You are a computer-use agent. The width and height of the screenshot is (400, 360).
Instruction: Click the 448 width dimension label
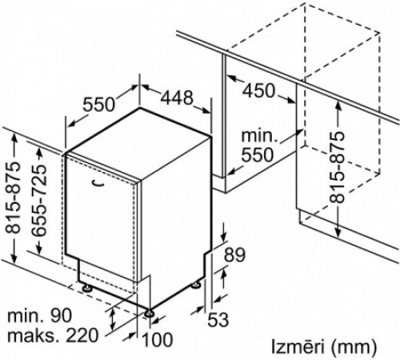tap(177, 98)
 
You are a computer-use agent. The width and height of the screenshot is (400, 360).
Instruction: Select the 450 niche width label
tap(258, 90)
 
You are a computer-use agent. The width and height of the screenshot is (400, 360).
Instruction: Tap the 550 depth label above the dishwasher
tap(98, 104)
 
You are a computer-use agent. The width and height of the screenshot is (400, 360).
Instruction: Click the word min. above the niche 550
tap(258, 136)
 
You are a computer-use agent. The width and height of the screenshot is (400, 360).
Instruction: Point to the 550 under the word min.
tap(258, 154)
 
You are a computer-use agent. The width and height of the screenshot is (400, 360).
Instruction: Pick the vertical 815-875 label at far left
tap(13, 198)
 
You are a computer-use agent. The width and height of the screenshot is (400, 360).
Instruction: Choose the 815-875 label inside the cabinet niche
tap(337, 167)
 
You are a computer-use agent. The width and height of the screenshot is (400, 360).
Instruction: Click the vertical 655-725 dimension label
tap(38, 201)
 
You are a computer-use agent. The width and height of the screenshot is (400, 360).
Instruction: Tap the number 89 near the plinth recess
tap(234, 254)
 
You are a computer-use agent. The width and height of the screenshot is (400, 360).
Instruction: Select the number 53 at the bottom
tap(218, 319)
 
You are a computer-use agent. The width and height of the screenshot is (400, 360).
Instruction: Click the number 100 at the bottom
tap(157, 339)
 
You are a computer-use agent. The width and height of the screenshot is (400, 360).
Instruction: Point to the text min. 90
tap(40, 315)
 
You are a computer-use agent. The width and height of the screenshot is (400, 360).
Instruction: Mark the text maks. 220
tap(53, 335)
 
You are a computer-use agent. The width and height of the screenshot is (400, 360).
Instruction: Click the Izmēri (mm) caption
tap(324, 346)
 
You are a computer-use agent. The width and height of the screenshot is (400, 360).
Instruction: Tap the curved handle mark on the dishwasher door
tap(98, 183)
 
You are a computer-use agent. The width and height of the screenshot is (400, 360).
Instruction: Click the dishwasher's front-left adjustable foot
tap(86, 287)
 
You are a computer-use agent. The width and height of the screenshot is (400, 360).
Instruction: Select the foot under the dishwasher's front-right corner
tap(149, 313)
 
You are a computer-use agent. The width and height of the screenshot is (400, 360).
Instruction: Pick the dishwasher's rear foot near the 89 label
tap(196, 285)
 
